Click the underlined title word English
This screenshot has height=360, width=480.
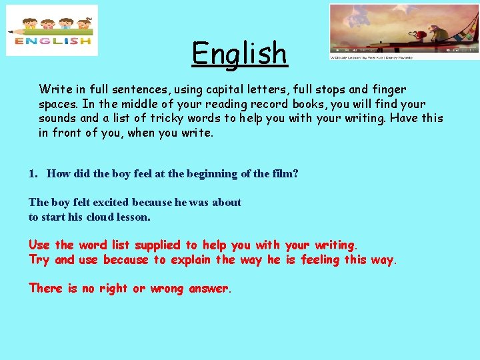tap(239, 54)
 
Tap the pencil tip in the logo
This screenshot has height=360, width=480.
tap(11, 31)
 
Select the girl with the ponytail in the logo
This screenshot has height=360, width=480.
tap(83, 25)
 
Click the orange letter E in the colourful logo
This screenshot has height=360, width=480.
tap(19, 41)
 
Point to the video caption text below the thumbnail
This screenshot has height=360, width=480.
tap(371, 57)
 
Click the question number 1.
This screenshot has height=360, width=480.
tap(33, 174)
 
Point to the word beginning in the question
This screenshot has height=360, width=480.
tap(202, 174)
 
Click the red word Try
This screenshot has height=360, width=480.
tap(39, 260)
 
